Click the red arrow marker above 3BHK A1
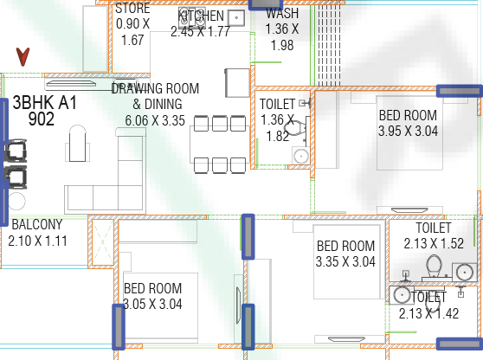pos(23,56)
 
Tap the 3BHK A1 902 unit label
pos(44,111)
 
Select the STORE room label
pos(132,9)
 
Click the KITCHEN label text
pos(201,16)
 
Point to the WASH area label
pos(282,13)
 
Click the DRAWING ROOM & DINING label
pos(155,96)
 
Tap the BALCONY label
pos(37,224)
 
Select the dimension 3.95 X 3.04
pos(409,132)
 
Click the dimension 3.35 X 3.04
pos(345,261)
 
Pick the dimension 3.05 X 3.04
pos(152,305)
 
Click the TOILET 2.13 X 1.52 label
pos(434,236)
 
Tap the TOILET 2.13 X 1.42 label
pos(428,305)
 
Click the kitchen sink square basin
pos(236,18)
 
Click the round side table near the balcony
pos(16,202)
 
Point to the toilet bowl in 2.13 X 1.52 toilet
pos(434,266)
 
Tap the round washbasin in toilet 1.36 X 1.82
pos(301,156)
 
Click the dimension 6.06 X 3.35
pos(155,120)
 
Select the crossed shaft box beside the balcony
pos(103,242)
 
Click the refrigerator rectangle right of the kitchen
pos(237,83)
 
